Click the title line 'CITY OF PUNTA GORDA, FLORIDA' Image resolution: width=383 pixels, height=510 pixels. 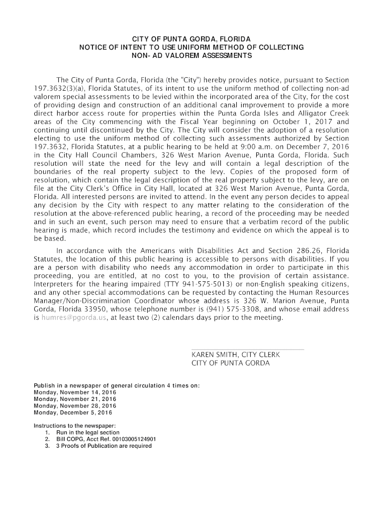coord(191,39)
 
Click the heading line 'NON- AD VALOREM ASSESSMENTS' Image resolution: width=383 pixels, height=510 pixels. coord(191,55)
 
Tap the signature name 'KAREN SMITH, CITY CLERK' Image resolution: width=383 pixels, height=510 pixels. coord(236,354)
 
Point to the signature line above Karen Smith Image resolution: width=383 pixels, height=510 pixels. coord(248,350)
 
